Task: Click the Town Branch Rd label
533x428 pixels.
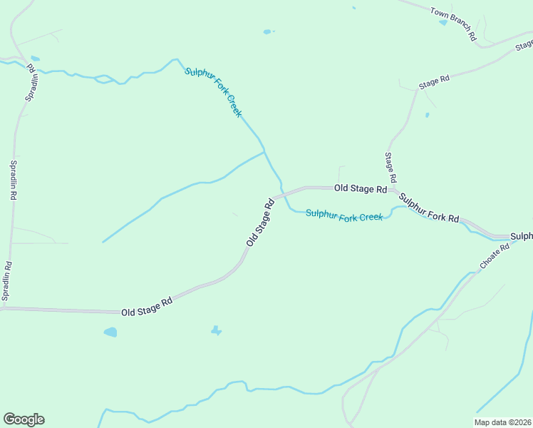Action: click(452, 24)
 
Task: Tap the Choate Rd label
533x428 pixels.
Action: click(495, 256)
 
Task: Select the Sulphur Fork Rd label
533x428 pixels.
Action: click(428, 208)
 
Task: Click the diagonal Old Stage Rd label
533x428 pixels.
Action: click(260, 223)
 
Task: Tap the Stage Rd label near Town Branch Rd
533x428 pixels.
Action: click(434, 81)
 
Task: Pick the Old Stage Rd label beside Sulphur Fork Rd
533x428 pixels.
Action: click(361, 189)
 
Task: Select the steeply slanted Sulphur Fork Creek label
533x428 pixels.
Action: click(213, 92)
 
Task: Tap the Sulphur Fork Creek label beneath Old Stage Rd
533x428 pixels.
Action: click(344, 215)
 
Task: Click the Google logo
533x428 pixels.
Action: click(24, 419)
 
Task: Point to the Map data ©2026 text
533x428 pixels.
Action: click(503, 422)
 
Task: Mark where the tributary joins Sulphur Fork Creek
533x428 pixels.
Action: click(264, 151)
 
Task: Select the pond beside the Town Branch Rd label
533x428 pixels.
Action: click(443, 22)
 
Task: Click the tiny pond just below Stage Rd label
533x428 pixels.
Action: click(427, 115)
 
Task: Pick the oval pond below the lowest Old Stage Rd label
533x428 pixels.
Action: click(110, 332)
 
